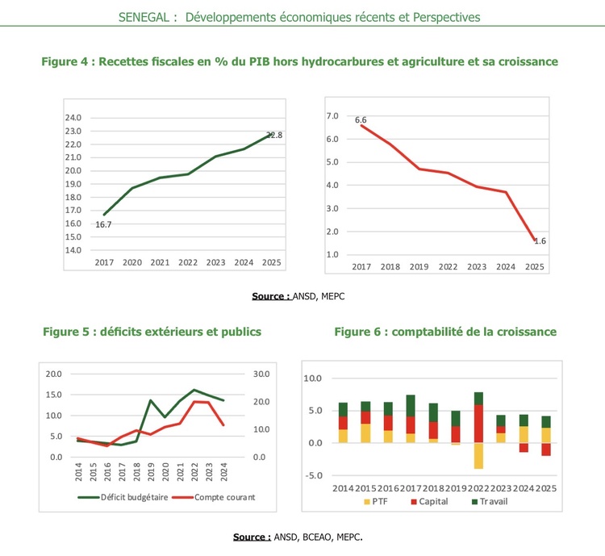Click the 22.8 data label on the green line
pyautogui.click(x=274, y=136)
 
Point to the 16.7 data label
pyautogui.click(x=103, y=224)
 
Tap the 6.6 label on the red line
pyautogui.click(x=361, y=120)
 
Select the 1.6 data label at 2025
pyautogui.click(x=540, y=241)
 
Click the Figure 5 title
pyautogui.click(x=152, y=332)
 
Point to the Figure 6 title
pyautogui.click(x=445, y=332)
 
